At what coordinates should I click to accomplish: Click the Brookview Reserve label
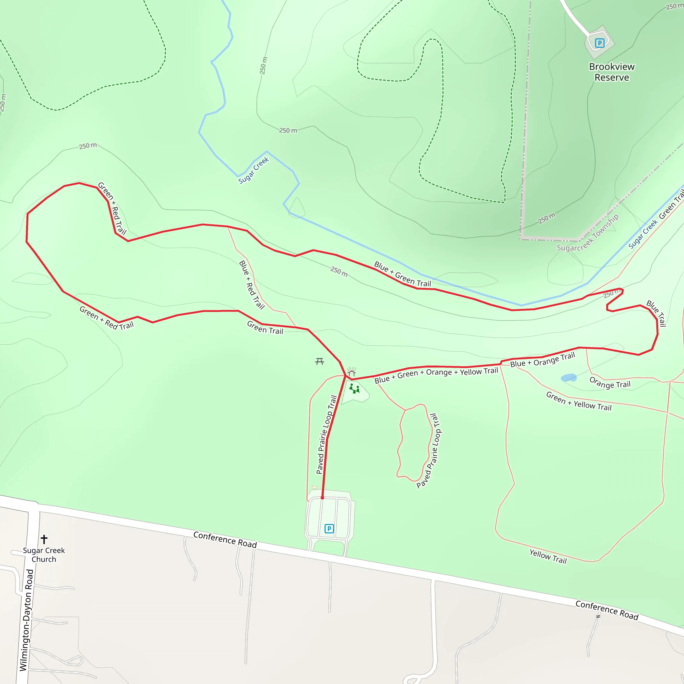coord(612,72)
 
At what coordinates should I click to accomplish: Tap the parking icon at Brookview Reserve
coord(600,43)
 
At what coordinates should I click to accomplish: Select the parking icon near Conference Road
coord(329,529)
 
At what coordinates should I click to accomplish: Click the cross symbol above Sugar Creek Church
coord(44,539)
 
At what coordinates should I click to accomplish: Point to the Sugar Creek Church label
coord(44,555)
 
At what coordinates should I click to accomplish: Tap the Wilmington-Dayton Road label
coord(26,620)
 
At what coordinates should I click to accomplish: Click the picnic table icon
coord(319,361)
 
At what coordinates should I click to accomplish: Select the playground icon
coord(354,389)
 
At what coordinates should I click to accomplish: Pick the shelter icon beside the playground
coord(352,372)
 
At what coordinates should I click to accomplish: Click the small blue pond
coord(568,377)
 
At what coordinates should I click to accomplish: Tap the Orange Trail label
coord(610,383)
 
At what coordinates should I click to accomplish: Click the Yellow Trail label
coord(548,556)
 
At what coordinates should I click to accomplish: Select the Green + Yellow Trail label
coord(578,401)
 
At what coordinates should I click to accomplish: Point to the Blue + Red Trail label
coord(252,285)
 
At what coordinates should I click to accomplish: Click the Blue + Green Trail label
coord(402,274)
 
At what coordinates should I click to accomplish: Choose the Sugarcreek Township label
coord(588,232)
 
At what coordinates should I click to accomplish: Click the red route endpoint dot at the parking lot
coord(322,498)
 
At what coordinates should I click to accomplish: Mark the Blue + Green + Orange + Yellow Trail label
coord(436,375)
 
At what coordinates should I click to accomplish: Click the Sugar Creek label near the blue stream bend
coord(253,170)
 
